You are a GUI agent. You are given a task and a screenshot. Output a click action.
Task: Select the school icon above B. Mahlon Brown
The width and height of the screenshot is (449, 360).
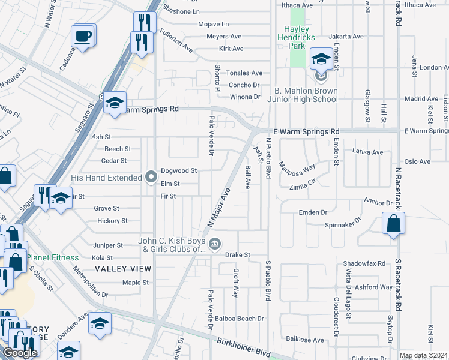tap(321, 59)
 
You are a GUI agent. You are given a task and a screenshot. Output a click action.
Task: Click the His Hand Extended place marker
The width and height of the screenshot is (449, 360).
tap(151, 177)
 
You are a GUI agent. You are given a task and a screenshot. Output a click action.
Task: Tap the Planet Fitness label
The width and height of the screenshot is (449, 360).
tap(53, 257)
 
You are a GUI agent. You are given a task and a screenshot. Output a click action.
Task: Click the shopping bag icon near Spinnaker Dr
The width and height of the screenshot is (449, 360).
tap(392, 224)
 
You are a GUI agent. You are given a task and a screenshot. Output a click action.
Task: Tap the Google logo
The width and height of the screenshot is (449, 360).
tap(19, 353)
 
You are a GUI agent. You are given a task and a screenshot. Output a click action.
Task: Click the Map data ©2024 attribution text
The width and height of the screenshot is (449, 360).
tap(423, 355)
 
